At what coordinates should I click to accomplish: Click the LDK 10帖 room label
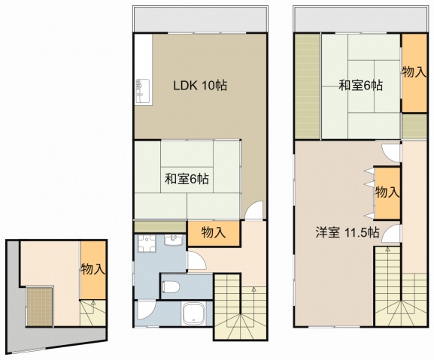200,86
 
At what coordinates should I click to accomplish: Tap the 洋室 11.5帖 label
348,233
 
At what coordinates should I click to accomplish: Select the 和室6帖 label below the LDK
187,179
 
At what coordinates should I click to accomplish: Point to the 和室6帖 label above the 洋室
361,86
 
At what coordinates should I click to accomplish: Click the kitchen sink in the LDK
143,92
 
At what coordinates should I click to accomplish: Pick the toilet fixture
171,286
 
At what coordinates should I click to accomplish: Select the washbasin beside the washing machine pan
173,240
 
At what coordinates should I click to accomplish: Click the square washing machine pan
147,244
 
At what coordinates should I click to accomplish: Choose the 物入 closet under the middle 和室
214,233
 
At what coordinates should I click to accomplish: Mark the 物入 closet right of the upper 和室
414,73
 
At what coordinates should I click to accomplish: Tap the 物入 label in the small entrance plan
93,269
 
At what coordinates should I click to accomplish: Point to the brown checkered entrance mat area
39,307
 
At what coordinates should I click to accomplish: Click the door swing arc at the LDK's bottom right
253,210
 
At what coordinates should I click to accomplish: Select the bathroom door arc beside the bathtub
146,310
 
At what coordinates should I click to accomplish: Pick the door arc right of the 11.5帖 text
390,234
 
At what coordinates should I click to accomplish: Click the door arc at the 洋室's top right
391,153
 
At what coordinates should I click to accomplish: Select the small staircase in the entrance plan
93,313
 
